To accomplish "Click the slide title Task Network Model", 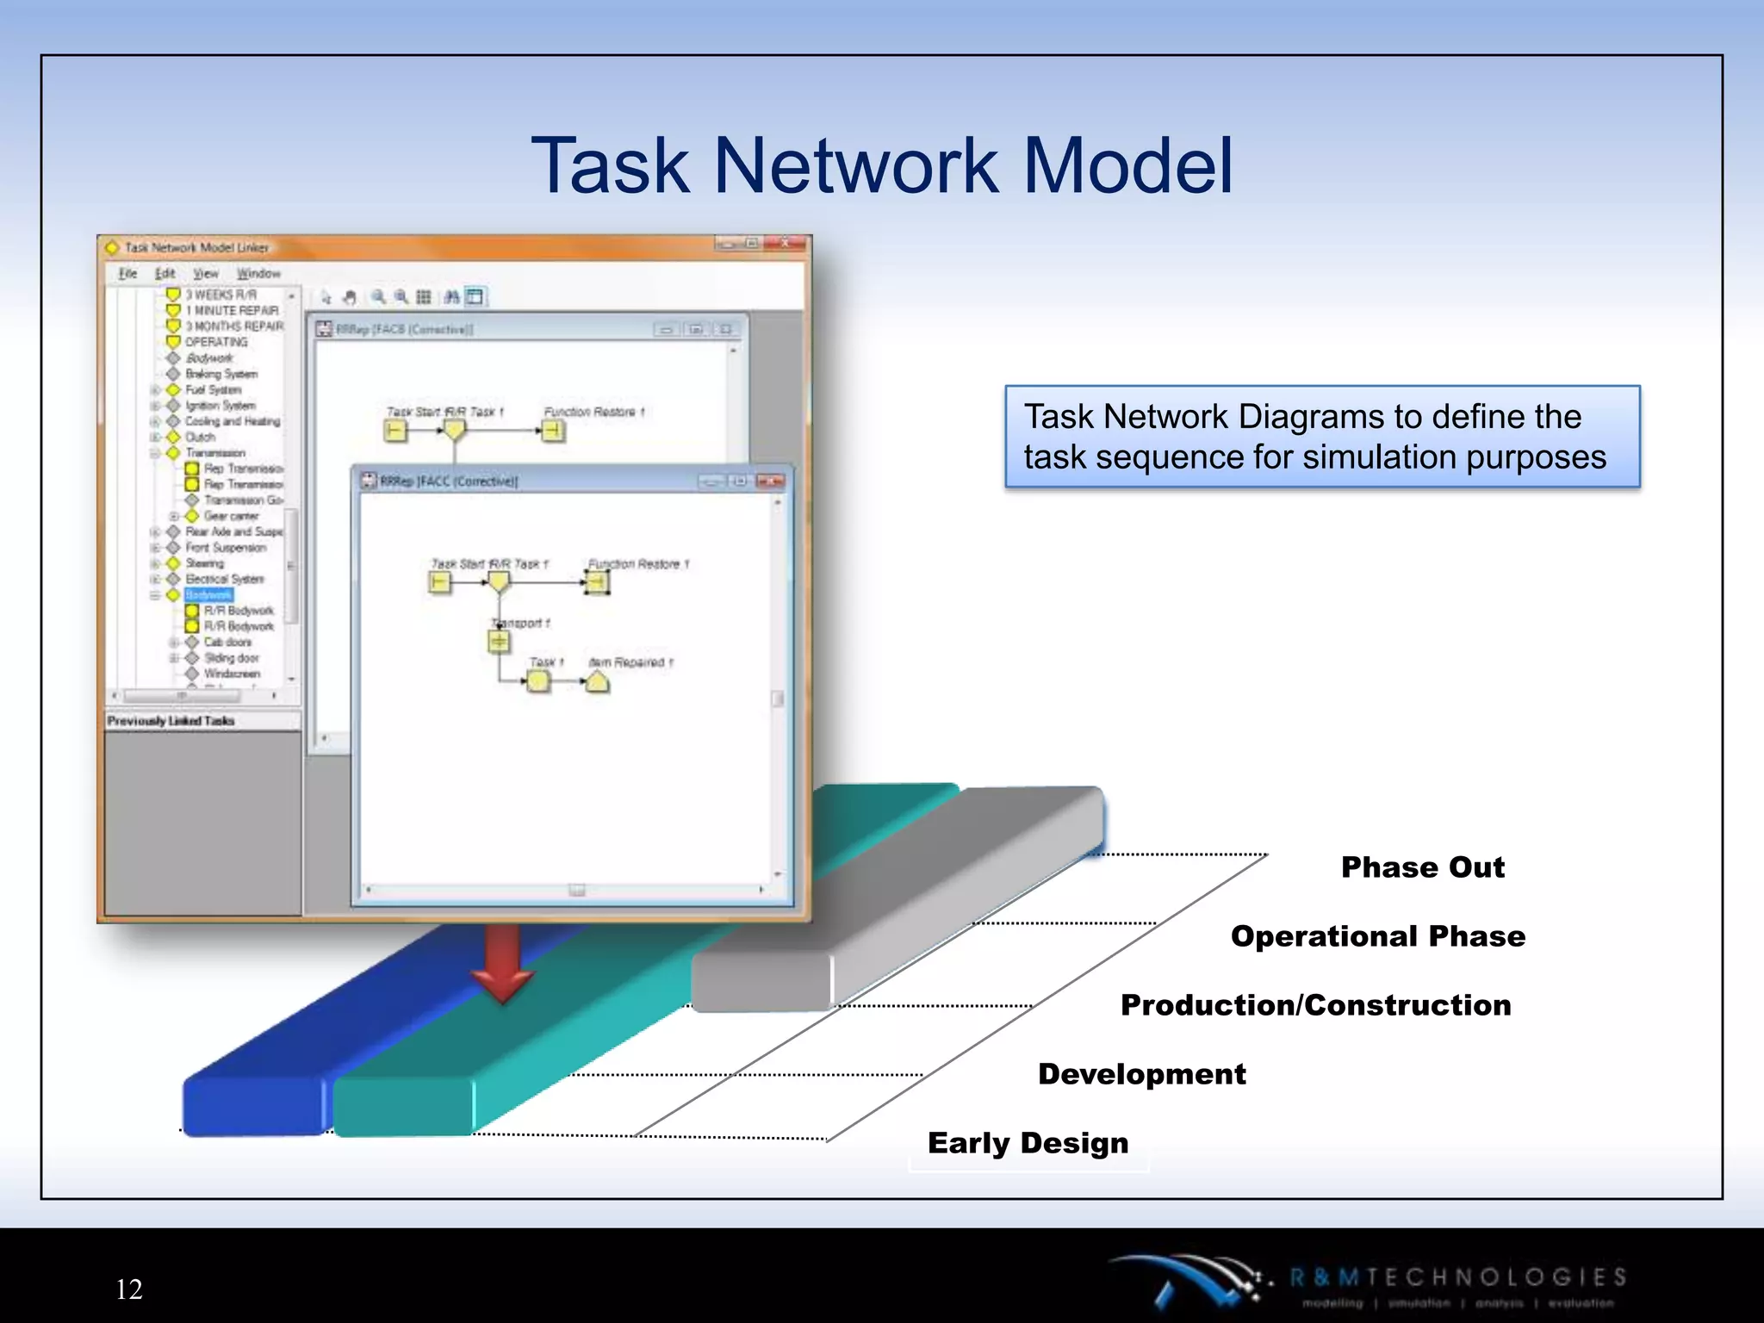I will tap(882, 165).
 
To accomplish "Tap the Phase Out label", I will tap(1422, 866).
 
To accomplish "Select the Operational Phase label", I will tap(1377, 935).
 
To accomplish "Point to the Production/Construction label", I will tap(1315, 1004).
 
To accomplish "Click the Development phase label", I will tap(1141, 1073).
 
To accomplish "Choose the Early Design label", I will tap(1028, 1142).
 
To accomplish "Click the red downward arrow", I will tap(502, 965).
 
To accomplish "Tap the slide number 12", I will tap(129, 1289).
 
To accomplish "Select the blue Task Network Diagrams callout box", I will tap(1321, 437).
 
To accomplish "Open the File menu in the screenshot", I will tap(127, 273).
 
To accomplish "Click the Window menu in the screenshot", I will tap(258, 273).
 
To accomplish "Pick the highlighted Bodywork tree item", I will tap(208, 595).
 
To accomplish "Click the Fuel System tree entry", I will tap(213, 389).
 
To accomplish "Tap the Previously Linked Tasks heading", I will tap(171, 721).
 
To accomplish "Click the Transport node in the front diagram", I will tap(499, 642).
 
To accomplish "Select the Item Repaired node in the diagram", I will tap(597, 682).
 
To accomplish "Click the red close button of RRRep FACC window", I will tap(770, 481).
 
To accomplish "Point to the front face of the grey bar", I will tap(761, 981).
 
